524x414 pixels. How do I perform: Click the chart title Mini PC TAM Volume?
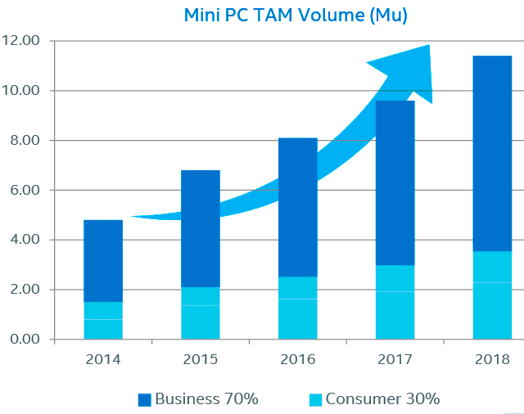tap(295, 15)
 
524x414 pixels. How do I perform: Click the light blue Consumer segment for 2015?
tap(201, 313)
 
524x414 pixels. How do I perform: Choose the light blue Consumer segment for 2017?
tap(395, 302)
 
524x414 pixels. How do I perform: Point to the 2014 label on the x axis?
tap(102, 360)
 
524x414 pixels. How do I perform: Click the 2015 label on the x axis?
tap(200, 360)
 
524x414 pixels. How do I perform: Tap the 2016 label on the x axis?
tap(297, 360)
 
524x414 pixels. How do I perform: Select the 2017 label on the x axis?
tap(395, 360)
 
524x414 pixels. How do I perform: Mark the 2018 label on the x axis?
tap(492, 360)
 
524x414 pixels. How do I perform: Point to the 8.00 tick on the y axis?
tap(24, 141)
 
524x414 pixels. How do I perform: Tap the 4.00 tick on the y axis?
tap(24, 240)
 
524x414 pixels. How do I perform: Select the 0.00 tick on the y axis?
tap(24, 340)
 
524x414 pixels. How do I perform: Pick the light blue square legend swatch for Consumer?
tap(315, 400)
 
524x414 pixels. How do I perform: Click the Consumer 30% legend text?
tap(382, 399)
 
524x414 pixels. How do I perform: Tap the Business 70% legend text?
tap(206, 399)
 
